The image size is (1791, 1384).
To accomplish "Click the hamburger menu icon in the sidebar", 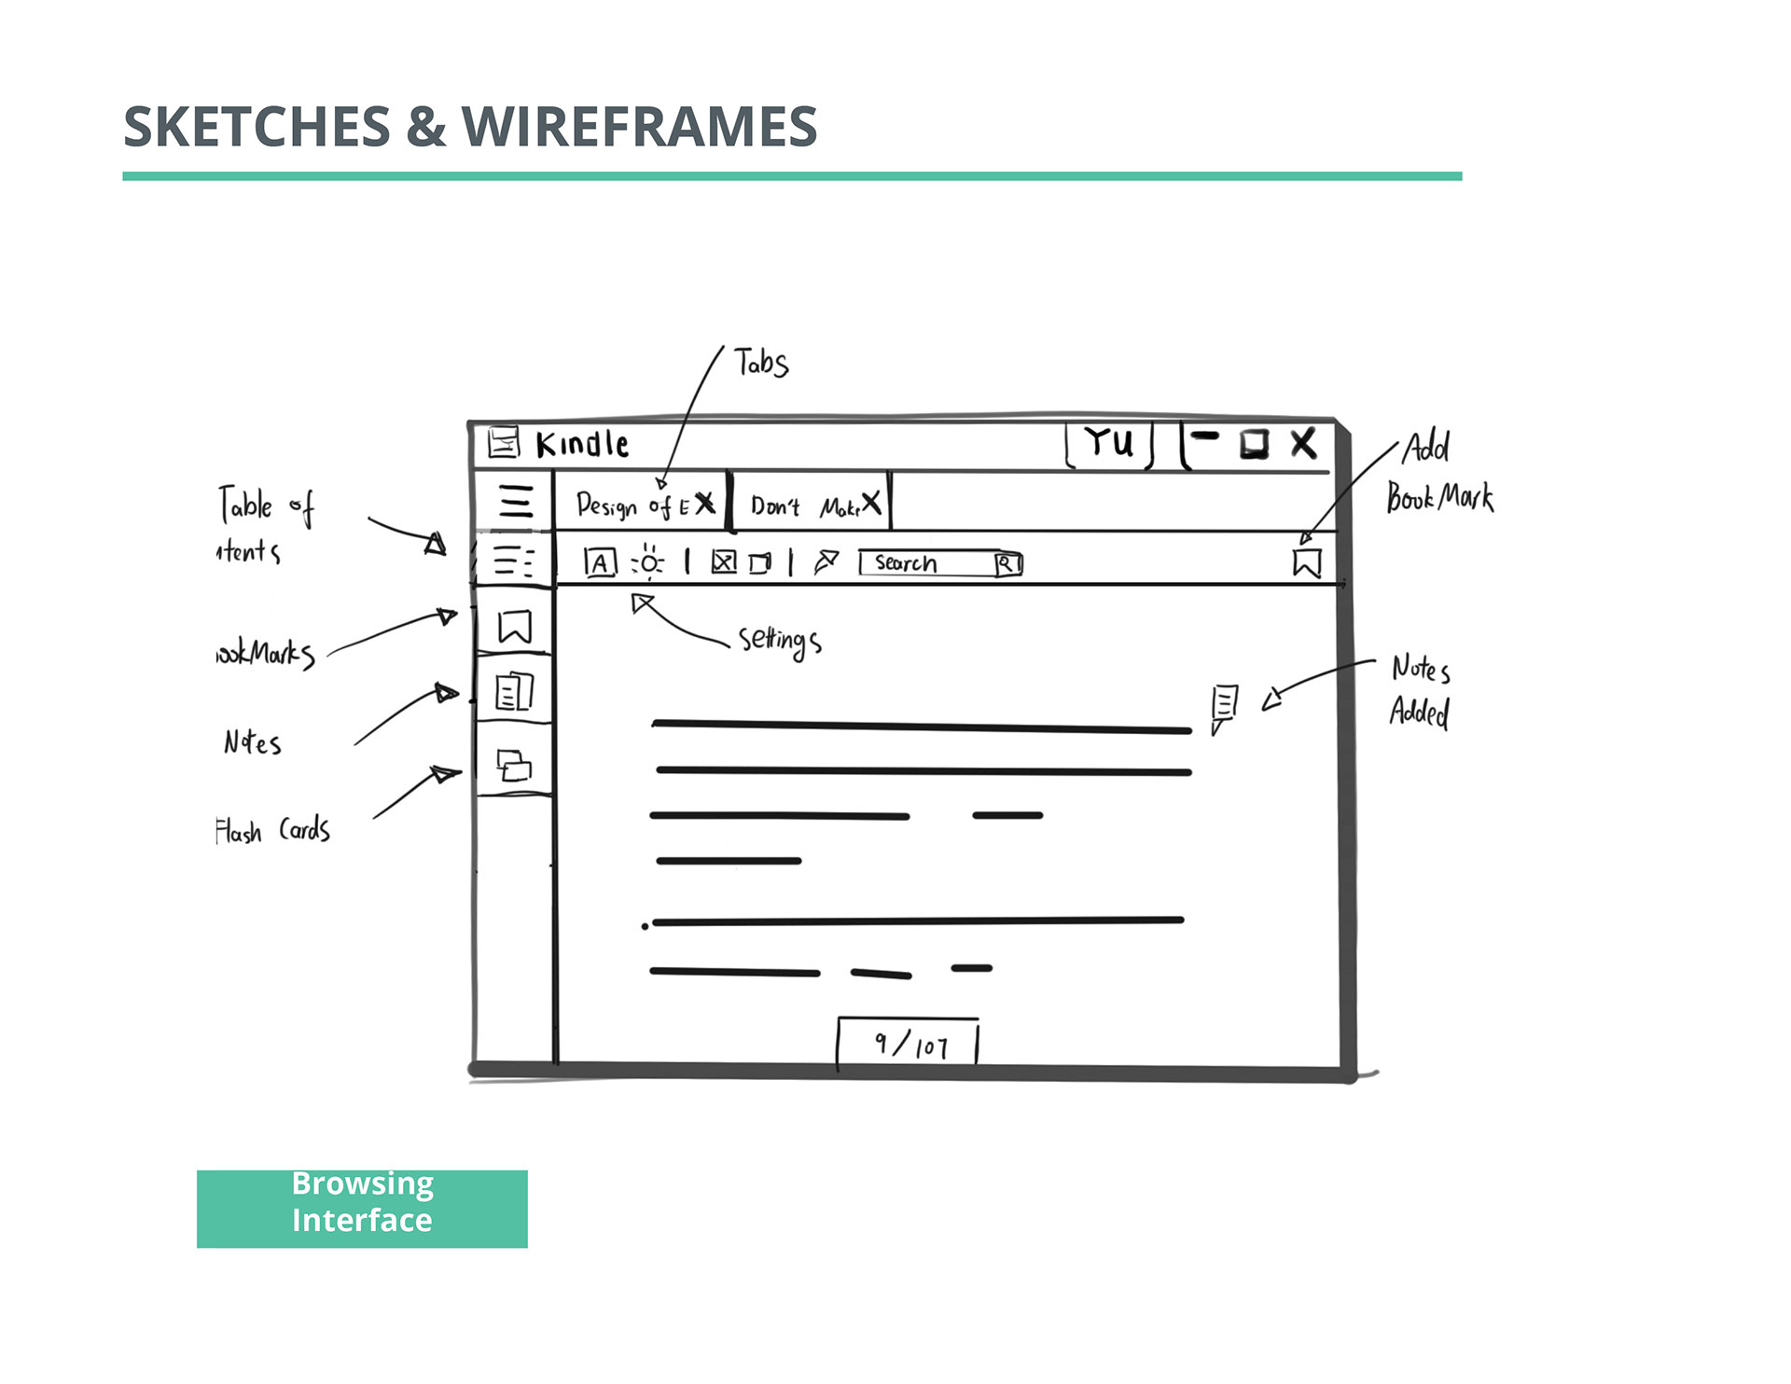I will point(515,501).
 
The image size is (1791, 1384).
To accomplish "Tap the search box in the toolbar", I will point(928,563).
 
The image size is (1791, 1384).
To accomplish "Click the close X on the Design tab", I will point(705,504).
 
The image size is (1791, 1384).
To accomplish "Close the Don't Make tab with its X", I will point(870,504).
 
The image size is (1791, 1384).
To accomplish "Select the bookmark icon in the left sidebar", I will point(514,627).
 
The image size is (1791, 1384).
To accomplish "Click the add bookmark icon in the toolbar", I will point(1306,562).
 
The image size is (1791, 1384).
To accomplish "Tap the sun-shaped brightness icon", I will point(648,562).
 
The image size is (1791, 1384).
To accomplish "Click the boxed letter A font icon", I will point(600,562).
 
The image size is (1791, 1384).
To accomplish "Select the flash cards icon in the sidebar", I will point(514,766).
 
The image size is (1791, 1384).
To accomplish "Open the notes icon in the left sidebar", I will point(514,691).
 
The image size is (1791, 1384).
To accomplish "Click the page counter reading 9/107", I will point(909,1044).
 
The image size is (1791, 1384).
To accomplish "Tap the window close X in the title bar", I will point(1303,444).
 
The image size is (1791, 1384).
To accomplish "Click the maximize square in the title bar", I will point(1254,444).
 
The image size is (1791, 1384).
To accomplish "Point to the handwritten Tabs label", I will point(760,362).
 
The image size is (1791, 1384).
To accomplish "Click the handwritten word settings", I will point(780,641).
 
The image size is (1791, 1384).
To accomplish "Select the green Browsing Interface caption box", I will point(362,1208).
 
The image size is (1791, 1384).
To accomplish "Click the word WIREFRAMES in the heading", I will point(639,127).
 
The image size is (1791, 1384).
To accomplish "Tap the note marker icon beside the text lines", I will point(1224,706).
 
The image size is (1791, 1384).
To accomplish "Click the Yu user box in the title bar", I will point(1109,443).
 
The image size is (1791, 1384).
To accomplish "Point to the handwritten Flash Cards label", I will point(272,830).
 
